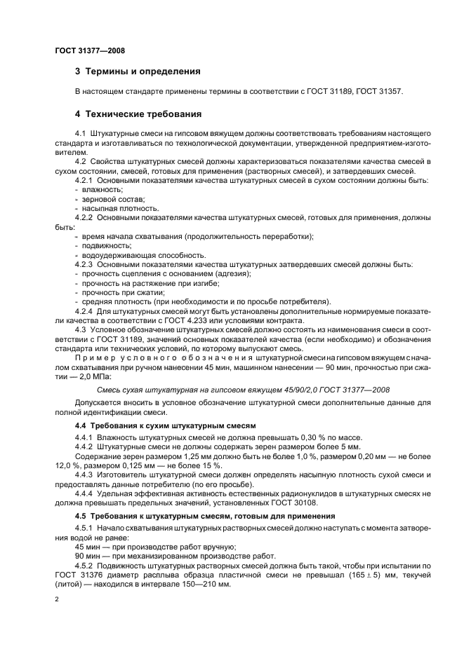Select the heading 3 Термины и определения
click(138, 71)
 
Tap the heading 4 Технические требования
click(138, 114)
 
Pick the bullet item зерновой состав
click(104, 199)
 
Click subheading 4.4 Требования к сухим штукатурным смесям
click(165, 425)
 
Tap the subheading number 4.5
click(81, 517)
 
